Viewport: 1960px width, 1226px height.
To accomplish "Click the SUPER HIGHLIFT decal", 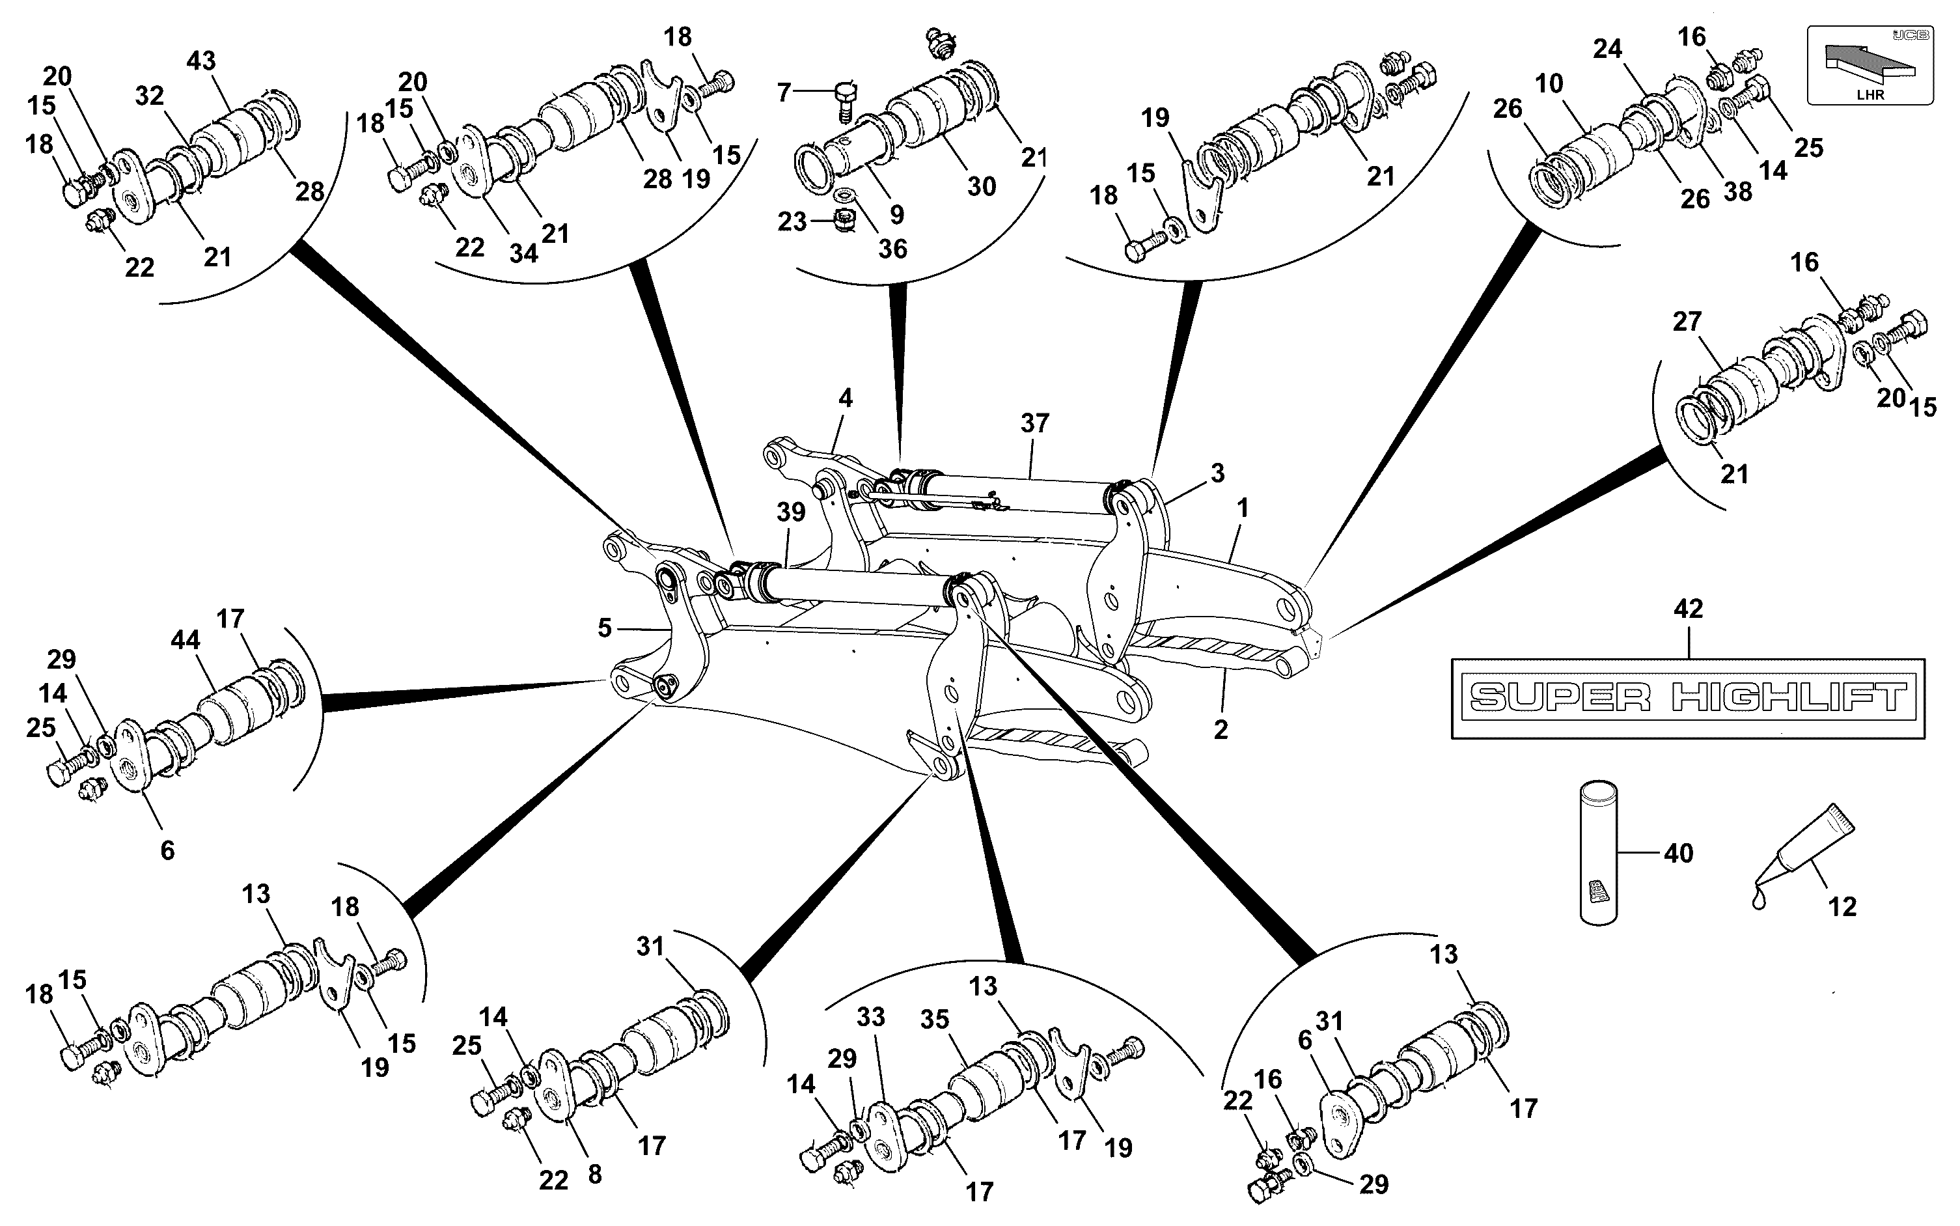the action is [x=1688, y=697].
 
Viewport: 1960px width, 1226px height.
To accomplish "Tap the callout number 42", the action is [x=1689, y=608].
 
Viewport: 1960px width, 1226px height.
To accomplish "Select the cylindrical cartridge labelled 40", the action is [x=1599, y=852].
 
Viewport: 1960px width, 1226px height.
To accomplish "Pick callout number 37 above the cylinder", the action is [x=1034, y=423].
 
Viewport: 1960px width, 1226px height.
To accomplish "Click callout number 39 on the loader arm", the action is [x=791, y=512].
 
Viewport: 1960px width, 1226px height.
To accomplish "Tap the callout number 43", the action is [x=201, y=61].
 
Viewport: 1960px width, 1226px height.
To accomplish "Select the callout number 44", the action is [x=185, y=640].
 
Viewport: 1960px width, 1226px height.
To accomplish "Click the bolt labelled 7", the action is [x=843, y=99].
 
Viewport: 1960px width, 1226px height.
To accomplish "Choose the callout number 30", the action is [x=982, y=186].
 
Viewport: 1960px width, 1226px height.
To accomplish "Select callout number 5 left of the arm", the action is [x=605, y=628].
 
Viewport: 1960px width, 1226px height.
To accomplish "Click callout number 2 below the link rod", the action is [x=1221, y=729].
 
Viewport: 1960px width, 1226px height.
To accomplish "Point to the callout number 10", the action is [x=1549, y=83].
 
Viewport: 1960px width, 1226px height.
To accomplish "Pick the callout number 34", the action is [x=523, y=254].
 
